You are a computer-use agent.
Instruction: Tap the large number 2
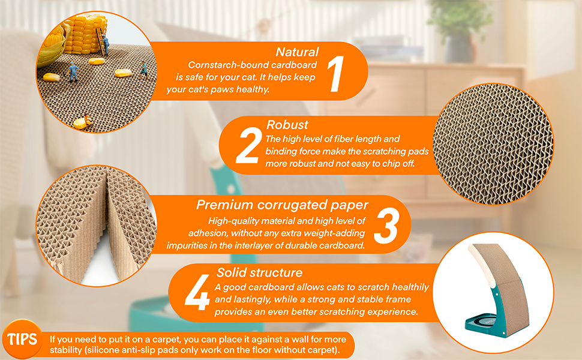click(247, 146)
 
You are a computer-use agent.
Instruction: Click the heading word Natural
click(297, 52)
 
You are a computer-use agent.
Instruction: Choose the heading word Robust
click(287, 125)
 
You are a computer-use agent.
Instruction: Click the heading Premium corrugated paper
click(282, 205)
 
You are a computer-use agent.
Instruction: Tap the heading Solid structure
click(259, 273)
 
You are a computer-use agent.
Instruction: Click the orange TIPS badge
click(22, 339)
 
